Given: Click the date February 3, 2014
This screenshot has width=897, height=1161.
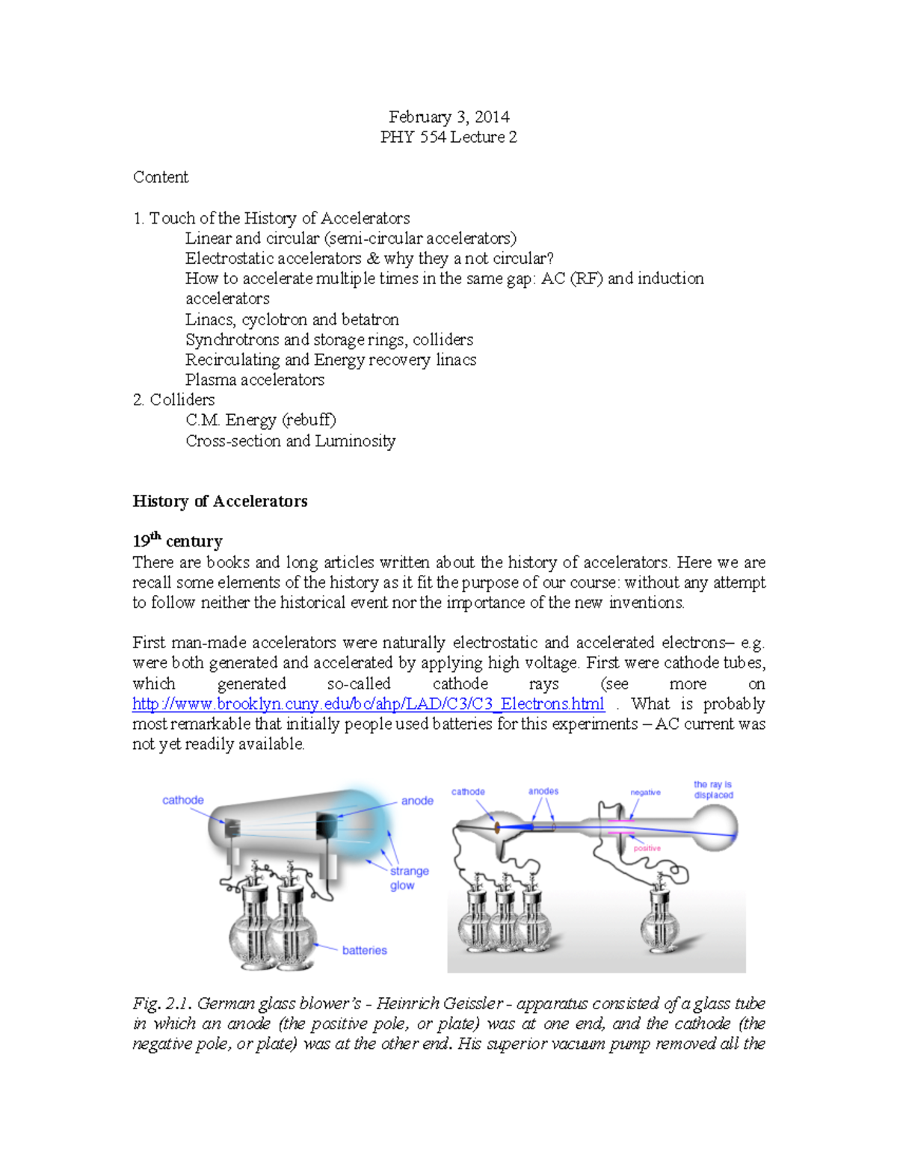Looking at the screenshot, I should coord(449,117).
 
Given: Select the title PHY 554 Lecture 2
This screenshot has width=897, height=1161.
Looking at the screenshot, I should coord(449,137).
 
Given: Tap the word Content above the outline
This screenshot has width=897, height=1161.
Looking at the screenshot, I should coord(160,177).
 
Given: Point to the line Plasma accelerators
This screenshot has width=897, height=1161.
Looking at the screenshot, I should coord(254,380).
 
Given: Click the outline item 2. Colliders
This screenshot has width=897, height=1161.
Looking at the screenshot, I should coord(173,400).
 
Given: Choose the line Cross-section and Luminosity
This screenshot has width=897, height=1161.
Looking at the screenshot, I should coord(290,441).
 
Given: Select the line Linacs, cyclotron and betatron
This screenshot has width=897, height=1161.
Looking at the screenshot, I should coord(292,319).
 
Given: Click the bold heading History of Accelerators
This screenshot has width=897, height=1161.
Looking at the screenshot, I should coord(220,501).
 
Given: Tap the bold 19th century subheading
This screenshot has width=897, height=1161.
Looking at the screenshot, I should coord(177,541).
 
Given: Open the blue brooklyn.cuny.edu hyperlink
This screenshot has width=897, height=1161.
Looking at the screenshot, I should coord(368,704).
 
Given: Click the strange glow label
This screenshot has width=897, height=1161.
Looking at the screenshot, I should coord(408,878).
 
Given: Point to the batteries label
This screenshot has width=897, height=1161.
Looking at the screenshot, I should coord(364,950).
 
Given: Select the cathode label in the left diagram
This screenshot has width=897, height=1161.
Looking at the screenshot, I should coord(182,800).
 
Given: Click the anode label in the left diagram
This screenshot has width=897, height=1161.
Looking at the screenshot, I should coord(417,801).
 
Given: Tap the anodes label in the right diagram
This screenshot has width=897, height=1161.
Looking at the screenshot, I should coord(543,791).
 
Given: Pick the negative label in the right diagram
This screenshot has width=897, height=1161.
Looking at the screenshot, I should coord(645,792).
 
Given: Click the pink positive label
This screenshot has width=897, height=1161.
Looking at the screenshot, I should coord(647,849).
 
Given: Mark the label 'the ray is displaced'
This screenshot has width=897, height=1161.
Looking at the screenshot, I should coord(713,789).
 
